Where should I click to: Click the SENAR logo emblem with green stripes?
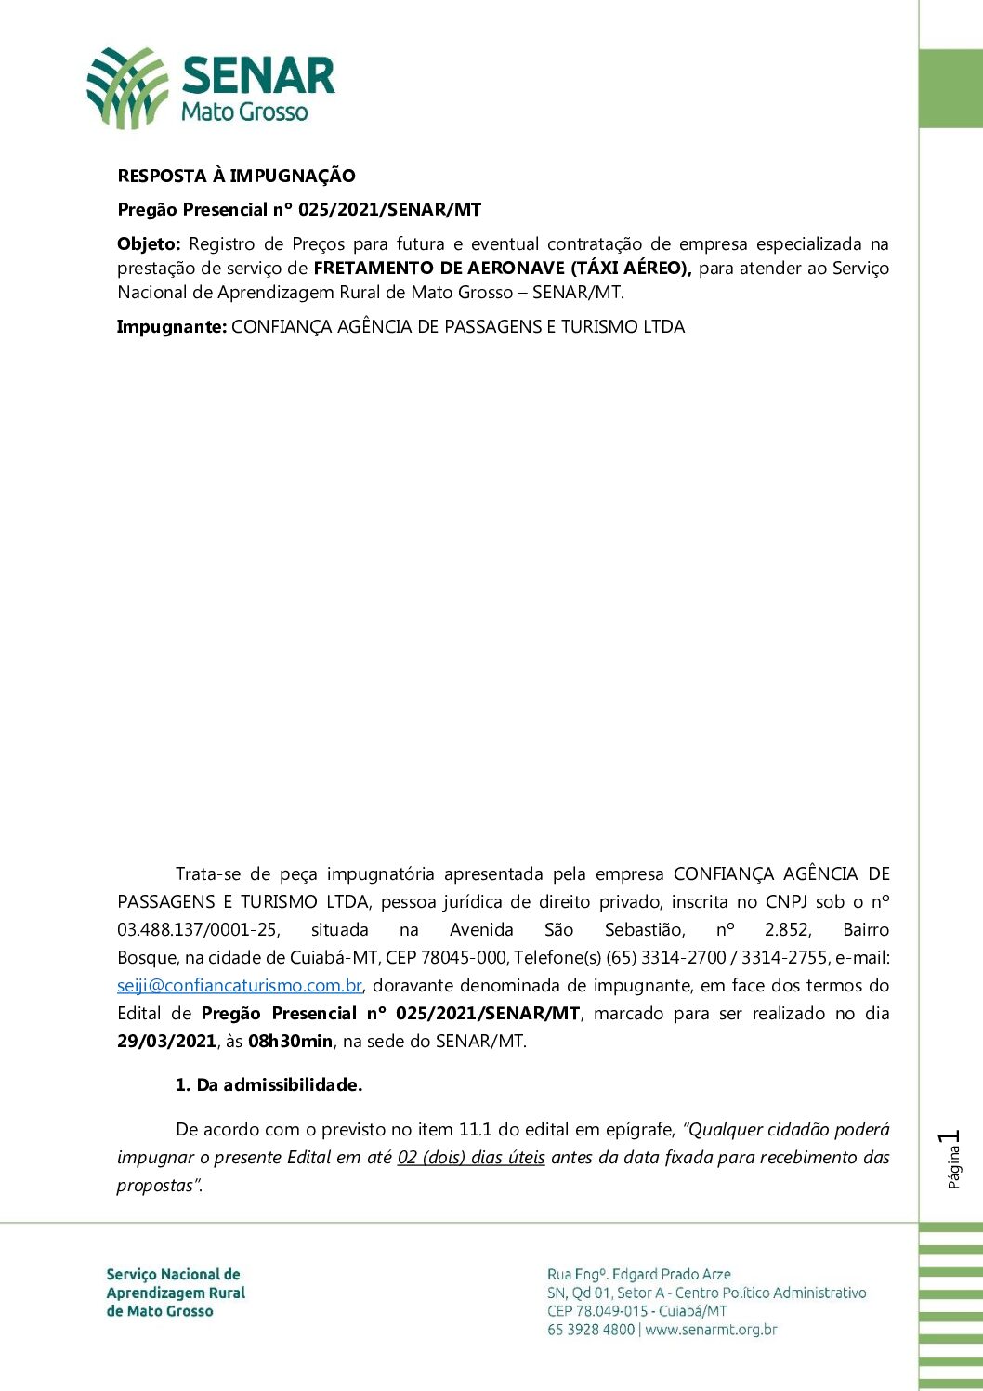coord(127,87)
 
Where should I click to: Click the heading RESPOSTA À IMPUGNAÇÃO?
coord(236,176)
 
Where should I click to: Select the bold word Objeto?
coord(149,244)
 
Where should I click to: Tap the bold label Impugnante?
coord(172,327)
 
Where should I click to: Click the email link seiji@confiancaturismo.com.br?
coord(240,986)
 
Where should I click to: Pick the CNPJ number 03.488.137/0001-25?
coord(198,930)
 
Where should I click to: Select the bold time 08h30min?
coord(290,1042)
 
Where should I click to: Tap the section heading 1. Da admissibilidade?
coord(269,1085)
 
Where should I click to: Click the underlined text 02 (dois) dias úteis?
coord(471,1158)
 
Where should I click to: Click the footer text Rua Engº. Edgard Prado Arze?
coord(639,1275)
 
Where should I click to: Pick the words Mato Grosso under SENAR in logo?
coord(244,112)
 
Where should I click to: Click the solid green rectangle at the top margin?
coord(950,88)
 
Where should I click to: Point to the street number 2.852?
coord(788,930)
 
